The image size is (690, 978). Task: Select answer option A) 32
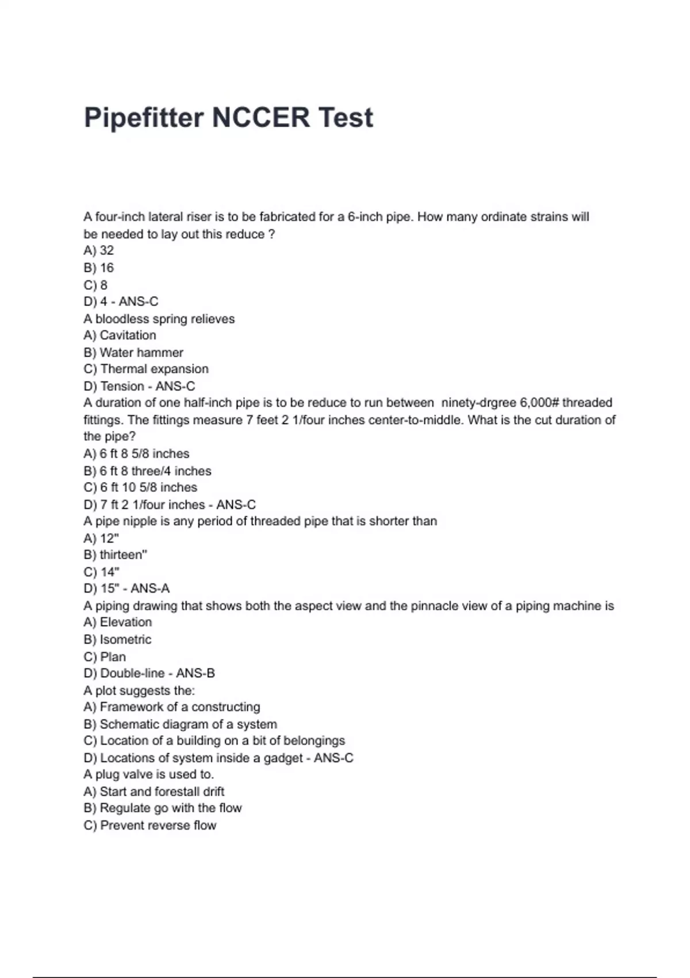(99, 251)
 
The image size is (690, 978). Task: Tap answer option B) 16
(99, 268)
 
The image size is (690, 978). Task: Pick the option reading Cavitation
(120, 335)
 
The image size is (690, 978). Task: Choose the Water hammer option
(133, 353)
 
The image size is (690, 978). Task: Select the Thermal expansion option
(146, 369)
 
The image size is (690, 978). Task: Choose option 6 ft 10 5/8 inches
(140, 487)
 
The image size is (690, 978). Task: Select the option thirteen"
(116, 555)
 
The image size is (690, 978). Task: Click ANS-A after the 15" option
(150, 589)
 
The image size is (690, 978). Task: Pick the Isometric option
(118, 640)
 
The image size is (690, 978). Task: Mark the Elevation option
(118, 622)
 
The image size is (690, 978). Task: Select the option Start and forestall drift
(154, 792)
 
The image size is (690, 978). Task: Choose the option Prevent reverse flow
(150, 826)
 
